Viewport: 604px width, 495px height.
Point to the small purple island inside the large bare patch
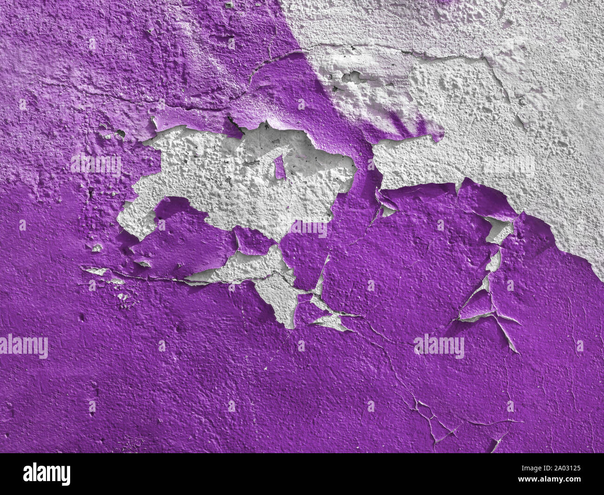coord(279,167)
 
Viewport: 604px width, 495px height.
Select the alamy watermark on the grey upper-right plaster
coord(509,165)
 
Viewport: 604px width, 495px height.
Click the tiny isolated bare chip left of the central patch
coord(97,248)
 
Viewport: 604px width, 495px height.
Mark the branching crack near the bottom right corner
coord(432,418)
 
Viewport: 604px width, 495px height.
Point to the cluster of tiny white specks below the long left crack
coord(123,297)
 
